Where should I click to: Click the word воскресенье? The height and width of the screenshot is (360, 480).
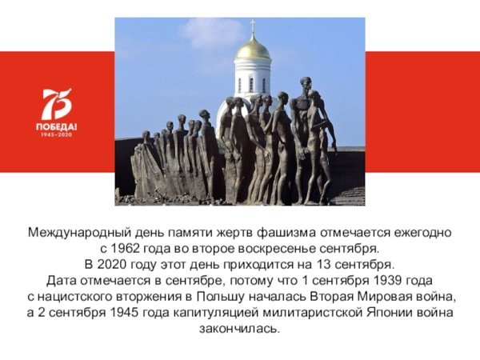[x=274, y=249]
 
